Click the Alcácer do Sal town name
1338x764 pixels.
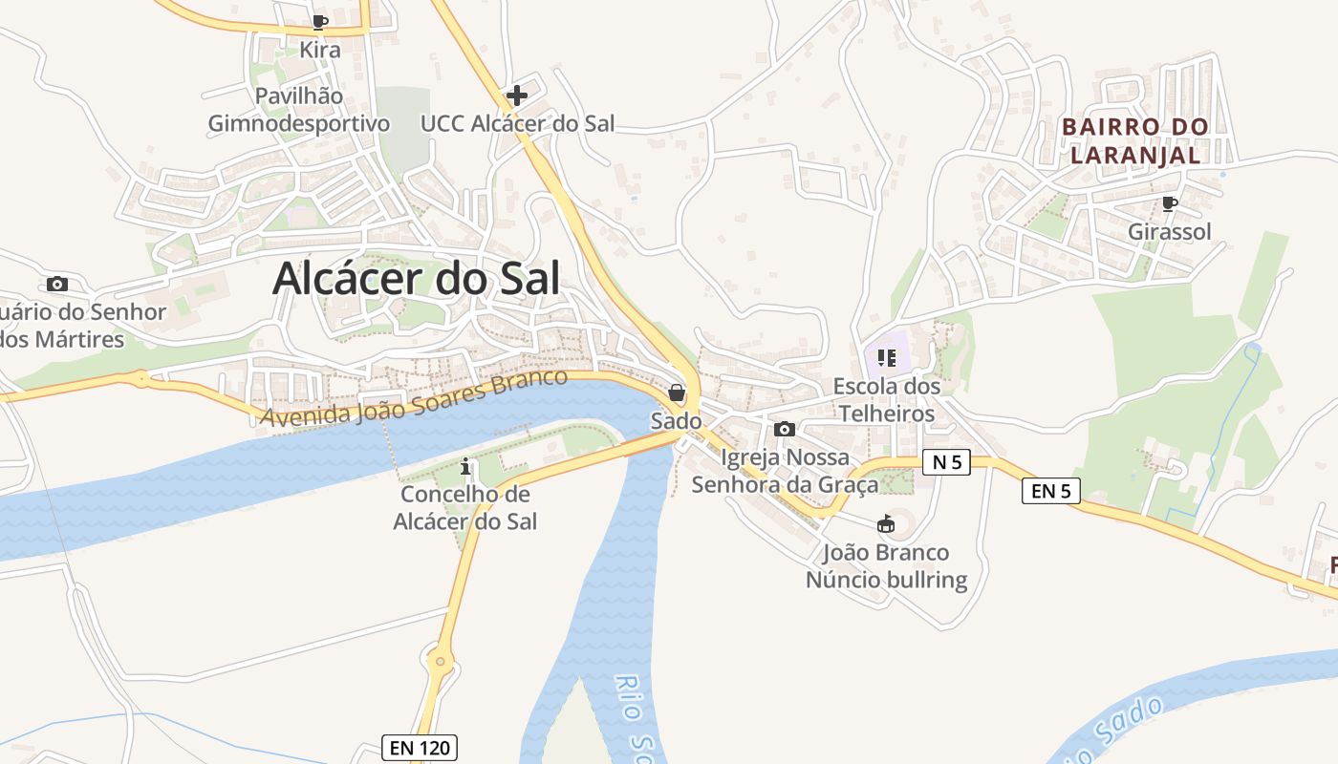tap(416, 278)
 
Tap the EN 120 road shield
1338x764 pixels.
tap(420, 747)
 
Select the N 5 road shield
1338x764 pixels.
tap(947, 462)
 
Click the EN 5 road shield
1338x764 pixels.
tap(1051, 491)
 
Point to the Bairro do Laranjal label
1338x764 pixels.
tap(1135, 139)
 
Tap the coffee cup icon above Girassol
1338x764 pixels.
tap(1169, 203)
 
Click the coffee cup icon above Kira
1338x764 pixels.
tap(320, 22)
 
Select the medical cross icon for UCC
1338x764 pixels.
tap(517, 95)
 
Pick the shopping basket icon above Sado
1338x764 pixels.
tap(677, 393)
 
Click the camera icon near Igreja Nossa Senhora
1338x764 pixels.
tap(785, 430)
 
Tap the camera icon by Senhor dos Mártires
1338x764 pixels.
tap(57, 284)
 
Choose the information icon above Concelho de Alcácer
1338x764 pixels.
tap(465, 467)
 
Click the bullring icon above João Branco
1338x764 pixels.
tap(886, 524)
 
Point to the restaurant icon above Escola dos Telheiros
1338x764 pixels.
tap(886, 358)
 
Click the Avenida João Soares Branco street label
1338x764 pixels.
tap(414, 399)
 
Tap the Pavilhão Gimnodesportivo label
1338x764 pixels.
tap(299, 110)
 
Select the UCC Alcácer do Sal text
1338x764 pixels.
tap(517, 123)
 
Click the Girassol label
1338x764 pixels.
tap(1169, 231)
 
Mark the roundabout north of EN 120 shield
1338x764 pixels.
tap(440, 659)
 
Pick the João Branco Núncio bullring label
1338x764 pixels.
tap(886, 566)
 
